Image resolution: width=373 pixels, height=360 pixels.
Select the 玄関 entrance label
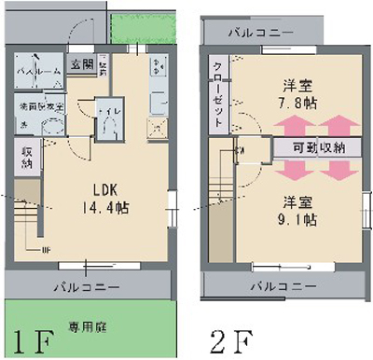click(80, 64)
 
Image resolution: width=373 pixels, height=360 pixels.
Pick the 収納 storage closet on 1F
click(25, 157)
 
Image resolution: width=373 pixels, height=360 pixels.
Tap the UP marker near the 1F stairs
click(44, 251)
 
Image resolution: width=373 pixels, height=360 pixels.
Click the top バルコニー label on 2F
click(262, 33)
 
